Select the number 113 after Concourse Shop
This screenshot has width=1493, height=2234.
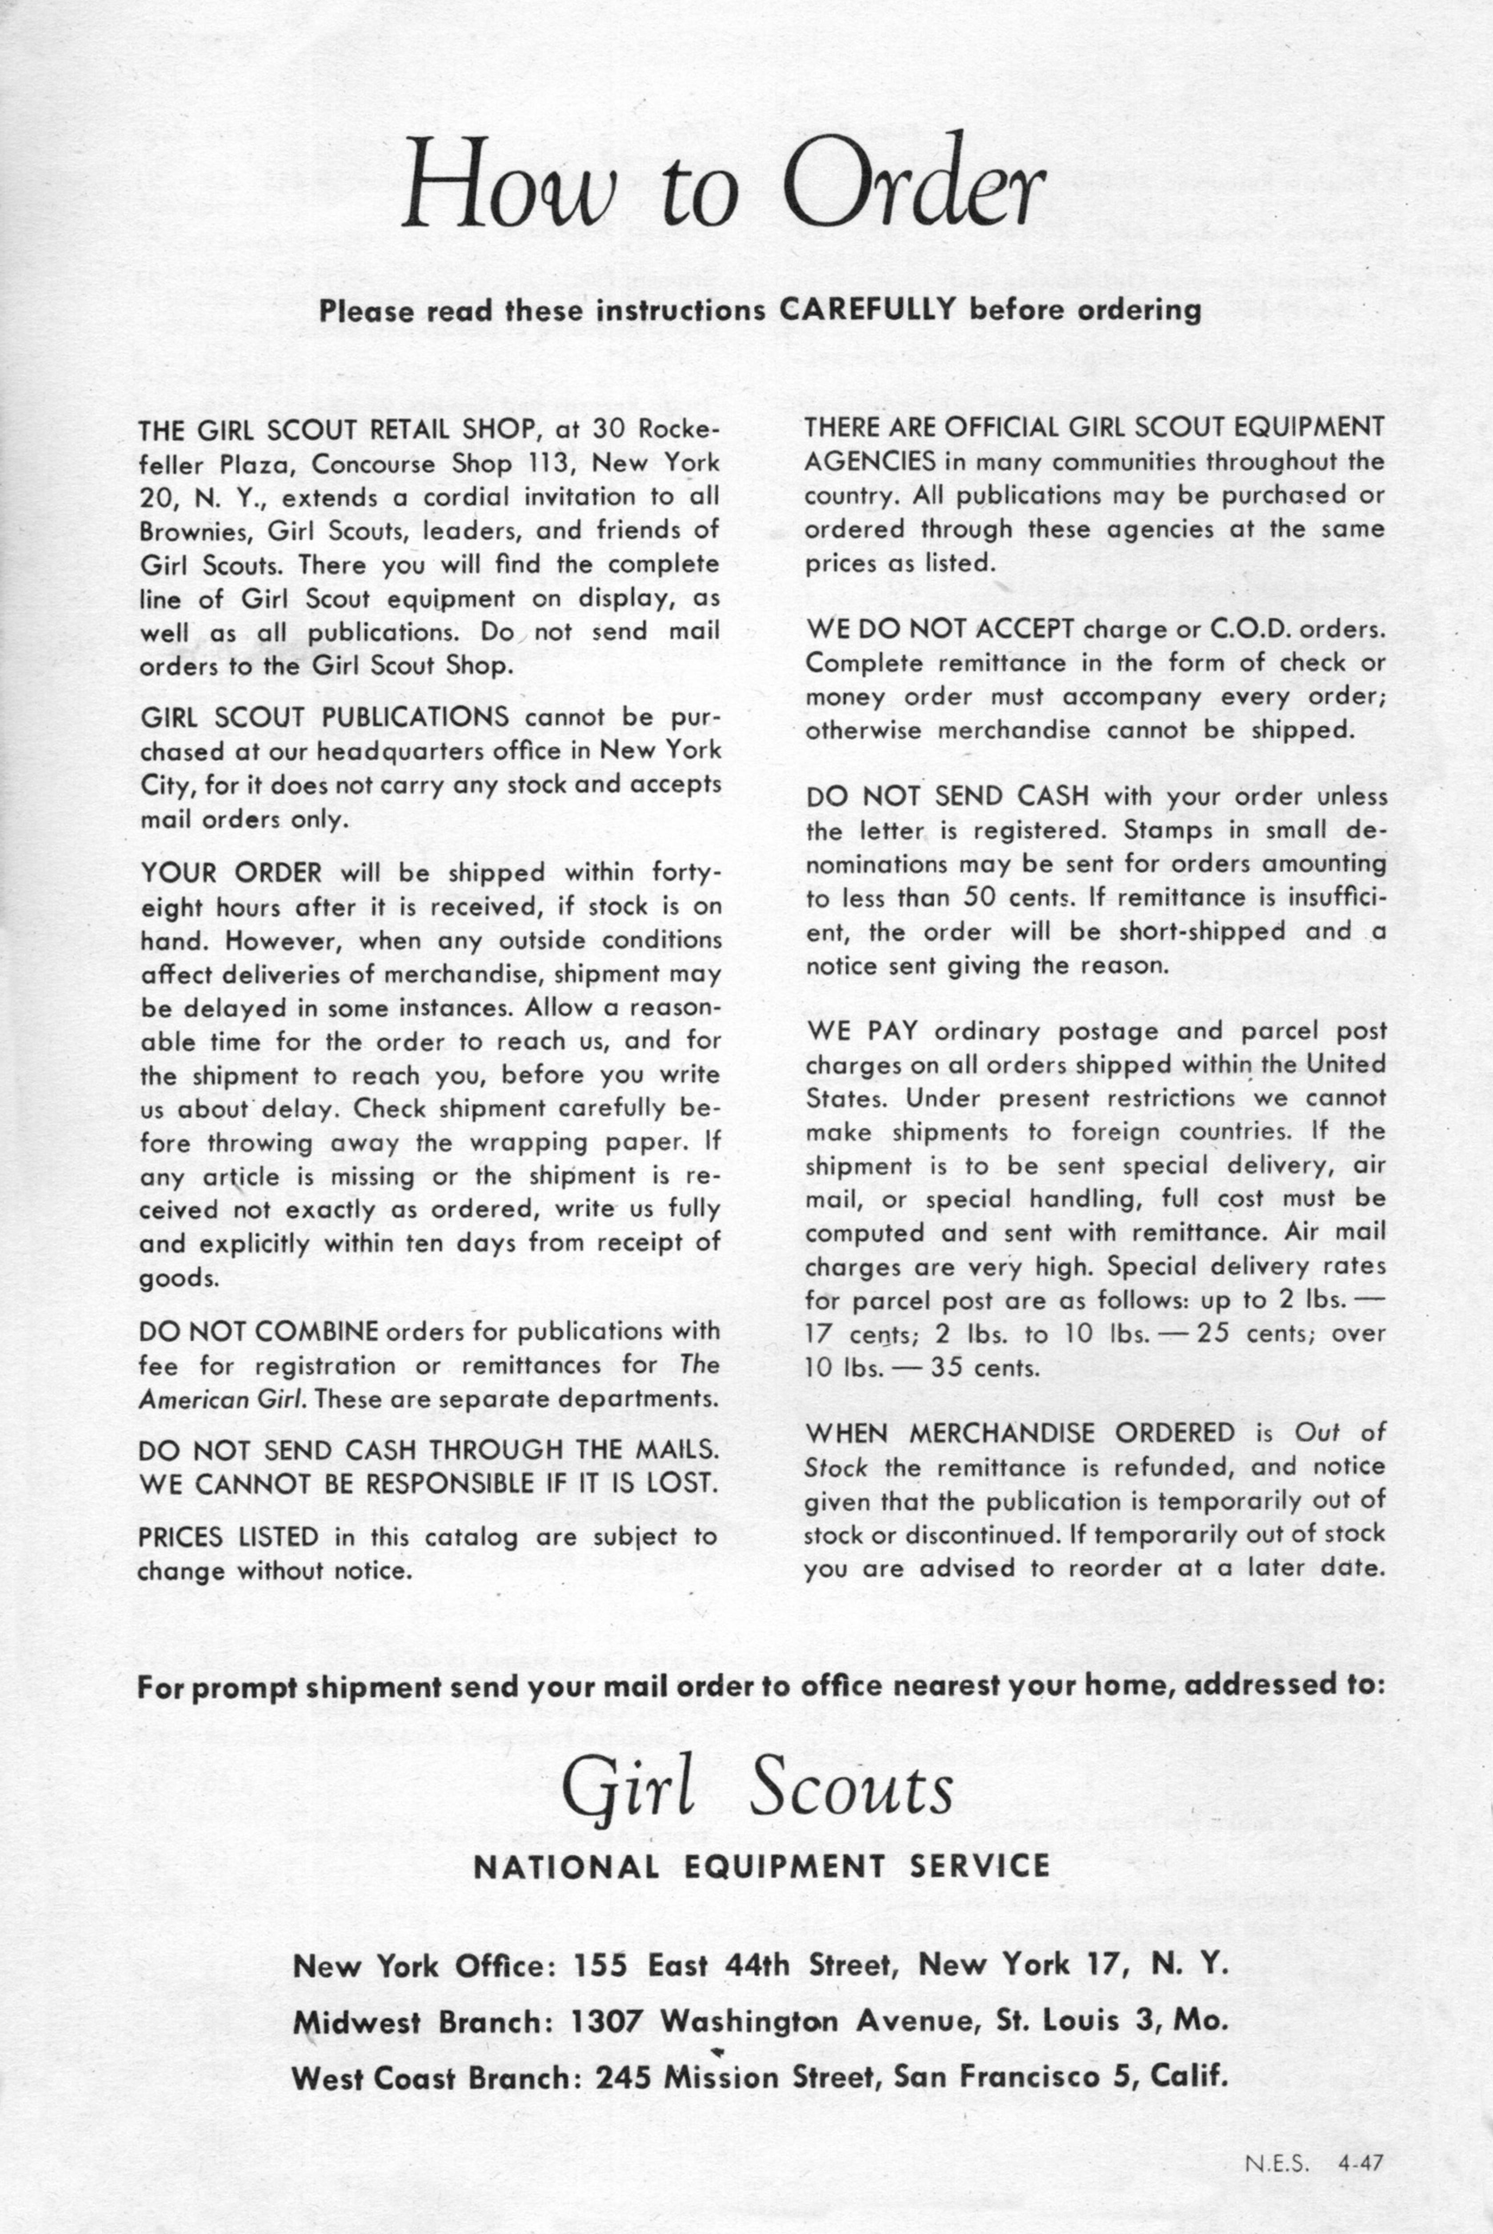pos(550,464)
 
